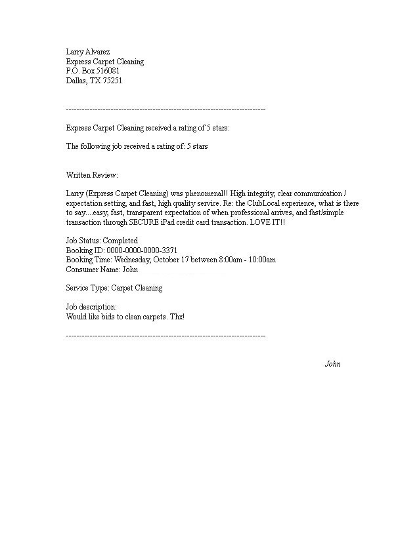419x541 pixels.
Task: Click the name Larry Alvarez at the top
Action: pos(87,52)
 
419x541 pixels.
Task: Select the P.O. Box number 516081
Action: pos(106,71)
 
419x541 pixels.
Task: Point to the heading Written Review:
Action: pos(92,175)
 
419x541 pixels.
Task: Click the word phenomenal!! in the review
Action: pos(206,194)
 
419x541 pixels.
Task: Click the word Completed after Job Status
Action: pos(120,241)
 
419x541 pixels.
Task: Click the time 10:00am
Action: pos(260,260)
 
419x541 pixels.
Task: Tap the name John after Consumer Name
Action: pos(130,269)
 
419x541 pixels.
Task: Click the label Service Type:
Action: pos(87,288)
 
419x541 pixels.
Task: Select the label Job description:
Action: pos(91,307)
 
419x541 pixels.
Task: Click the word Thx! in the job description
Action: pos(177,317)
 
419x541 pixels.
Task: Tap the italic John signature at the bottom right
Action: pos(333,364)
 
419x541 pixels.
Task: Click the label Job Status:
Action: pos(83,241)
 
